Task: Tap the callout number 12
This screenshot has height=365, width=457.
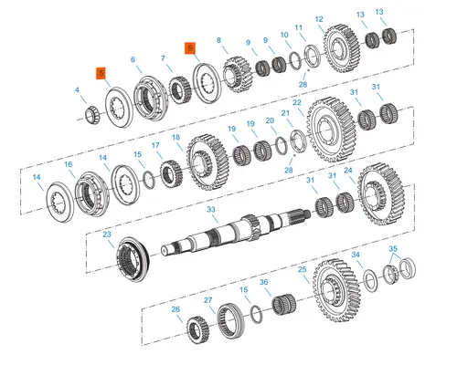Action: (x=318, y=19)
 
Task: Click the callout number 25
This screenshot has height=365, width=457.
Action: (x=302, y=270)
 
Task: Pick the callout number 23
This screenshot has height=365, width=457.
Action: (x=108, y=235)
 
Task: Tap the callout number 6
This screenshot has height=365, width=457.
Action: (x=133, y=60)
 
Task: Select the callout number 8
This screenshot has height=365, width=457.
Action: (x=219, y=40)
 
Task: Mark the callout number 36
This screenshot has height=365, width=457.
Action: (x=264, y=283)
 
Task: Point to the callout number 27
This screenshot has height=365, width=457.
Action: (x=208, y=299)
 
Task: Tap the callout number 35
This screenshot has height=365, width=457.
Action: (x=393, y=248)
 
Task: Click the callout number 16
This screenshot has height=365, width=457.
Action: (x=69, y=164)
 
